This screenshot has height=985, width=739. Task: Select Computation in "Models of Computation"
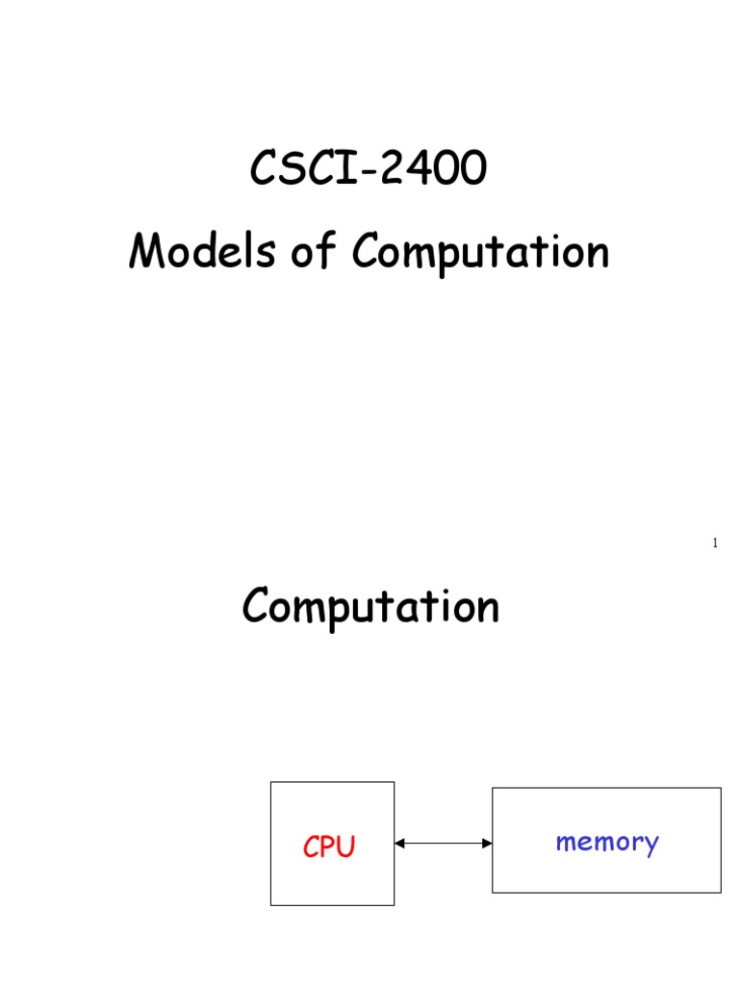pyautogui.click(x=480, y=254)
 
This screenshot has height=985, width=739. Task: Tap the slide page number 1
pyautogui.click(x=715, y=543)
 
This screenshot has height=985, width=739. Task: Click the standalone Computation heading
pyautogui.click(x=370, y=608)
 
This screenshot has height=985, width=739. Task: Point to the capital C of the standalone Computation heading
pyautogui.click(x=255, y=607)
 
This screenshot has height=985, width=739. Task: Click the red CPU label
pyautogui.click(x=329, y=846)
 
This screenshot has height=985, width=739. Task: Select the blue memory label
pyautogui.click(x=606, y=843)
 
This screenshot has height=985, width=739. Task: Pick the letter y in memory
pyautogui.click(x=651, y=846)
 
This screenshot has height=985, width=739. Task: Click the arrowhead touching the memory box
pyautogui.click(x=487, y=844)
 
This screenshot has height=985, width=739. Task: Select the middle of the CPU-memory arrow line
pyautogui.click(x=444, y=844)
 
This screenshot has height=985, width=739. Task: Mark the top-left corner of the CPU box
pyautogui.click(x=271, y=782)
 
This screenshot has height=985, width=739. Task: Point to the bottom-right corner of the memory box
pyautogui.click(x=721, y=893)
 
